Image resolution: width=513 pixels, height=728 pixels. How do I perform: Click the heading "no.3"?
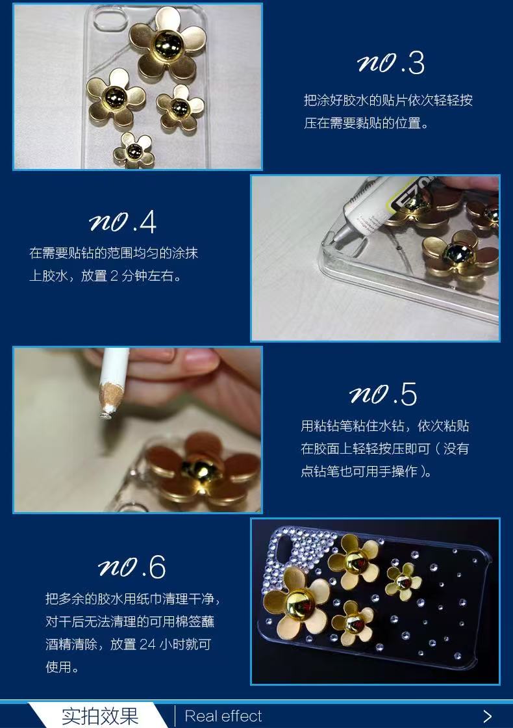pos(390,64)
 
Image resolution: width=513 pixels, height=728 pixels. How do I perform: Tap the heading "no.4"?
pos(123,222)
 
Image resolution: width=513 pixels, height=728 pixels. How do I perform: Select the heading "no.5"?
pos(383,395)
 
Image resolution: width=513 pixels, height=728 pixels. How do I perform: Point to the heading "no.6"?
pos(132,567)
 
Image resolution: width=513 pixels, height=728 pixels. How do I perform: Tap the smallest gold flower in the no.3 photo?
pos(134,150)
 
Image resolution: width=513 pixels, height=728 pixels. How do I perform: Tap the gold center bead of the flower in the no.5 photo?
pos(199,469)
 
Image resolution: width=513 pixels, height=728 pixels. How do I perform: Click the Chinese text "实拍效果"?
pos(100,716)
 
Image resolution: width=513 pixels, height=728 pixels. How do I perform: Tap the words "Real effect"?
pos(223,716)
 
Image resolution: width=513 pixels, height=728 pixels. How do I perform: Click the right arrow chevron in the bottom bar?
pos(488,716)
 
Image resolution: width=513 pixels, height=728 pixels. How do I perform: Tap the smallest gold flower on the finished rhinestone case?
pos(403,581)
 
